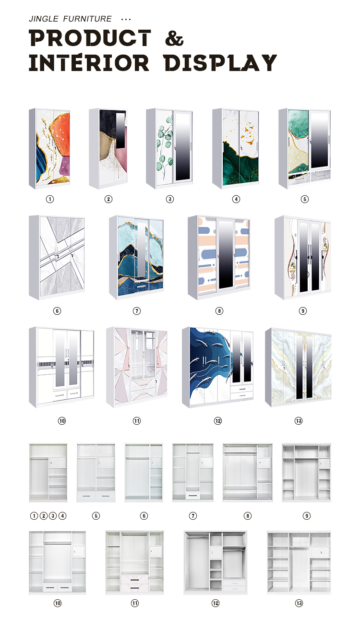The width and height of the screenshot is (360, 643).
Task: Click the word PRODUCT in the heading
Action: point(90,38)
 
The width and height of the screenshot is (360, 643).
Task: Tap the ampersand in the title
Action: point(174,38)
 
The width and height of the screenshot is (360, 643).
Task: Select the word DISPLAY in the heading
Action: point(220,63)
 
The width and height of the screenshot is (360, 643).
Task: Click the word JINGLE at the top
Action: point(44,19)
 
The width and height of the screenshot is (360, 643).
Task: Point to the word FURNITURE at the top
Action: point(87,19)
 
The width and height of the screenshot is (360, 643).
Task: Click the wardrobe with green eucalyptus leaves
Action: point(169,148)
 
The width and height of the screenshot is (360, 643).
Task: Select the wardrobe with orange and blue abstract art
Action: point(49,148)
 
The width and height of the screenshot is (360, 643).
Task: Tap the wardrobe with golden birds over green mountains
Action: point(236,148)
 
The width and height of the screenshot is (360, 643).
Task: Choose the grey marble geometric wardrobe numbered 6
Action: point(57,258)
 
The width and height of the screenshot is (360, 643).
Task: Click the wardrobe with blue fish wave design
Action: point(218,367)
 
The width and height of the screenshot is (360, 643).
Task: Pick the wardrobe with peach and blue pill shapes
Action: point(219,258)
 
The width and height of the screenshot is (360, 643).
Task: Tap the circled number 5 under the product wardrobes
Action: point(305,199)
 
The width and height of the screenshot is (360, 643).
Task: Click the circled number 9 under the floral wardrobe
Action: point(302,310)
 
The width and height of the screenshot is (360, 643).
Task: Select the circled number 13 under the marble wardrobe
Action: point(299,421)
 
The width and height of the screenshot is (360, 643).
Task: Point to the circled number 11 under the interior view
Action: point(135,603)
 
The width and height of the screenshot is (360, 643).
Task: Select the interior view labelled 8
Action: point(248,473)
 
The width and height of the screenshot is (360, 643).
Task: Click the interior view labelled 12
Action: point(216,562)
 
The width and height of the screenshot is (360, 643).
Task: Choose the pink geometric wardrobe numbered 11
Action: point(137,367)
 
